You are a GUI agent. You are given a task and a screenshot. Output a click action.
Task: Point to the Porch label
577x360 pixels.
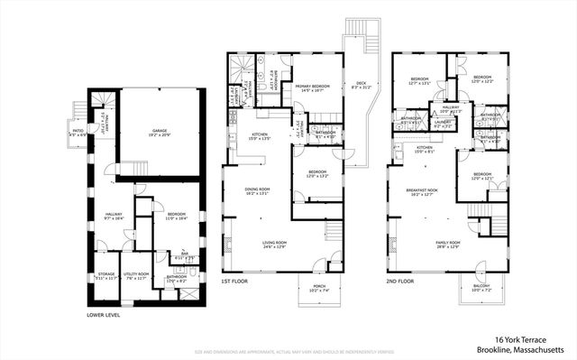point(320,289)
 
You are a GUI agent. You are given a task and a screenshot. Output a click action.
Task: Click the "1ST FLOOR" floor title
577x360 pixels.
point(236,282)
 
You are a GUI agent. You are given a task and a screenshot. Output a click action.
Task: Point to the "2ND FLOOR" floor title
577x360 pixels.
point(400,282)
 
